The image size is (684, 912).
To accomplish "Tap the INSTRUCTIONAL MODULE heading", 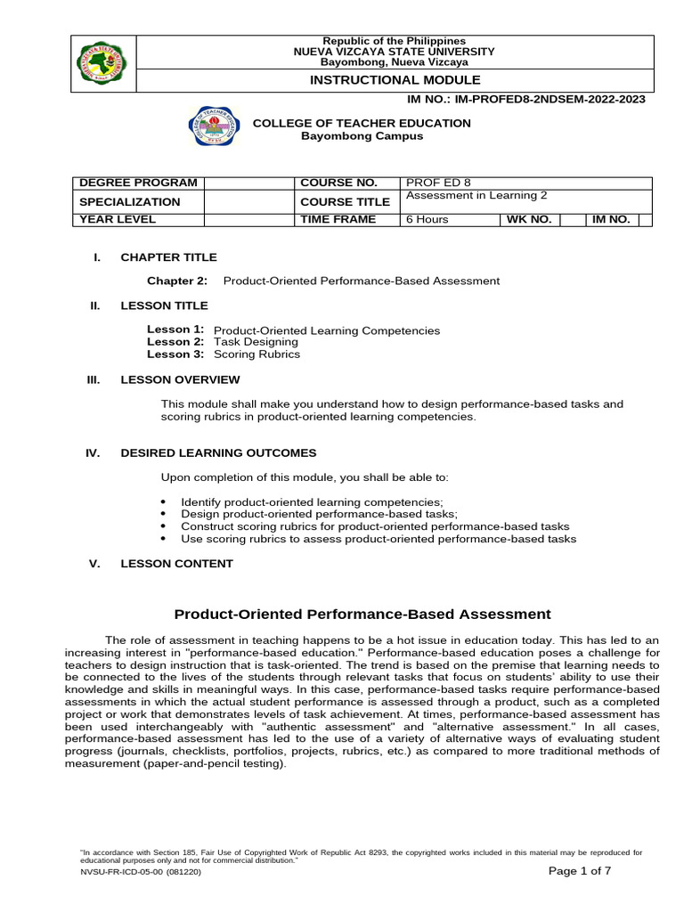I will pyautogui.click(x=395, y=80).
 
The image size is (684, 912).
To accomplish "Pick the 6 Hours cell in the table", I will pyautogui.click(x=427, y=219).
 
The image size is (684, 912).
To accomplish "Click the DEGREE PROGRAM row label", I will pyautogui.click(x=138, y=183).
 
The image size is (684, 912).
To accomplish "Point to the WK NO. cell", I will pyautogui.click(x=529, y=219).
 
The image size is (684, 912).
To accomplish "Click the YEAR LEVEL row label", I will pyautogui.click(x=118, y=219).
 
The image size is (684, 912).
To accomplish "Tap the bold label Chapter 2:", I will pyautogui.click(x=177, y=281).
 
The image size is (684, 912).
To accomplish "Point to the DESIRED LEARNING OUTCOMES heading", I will pyautogui.click(x=218, y=453).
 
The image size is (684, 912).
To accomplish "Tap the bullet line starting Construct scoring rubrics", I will pyautogui.click(x=374, y=526).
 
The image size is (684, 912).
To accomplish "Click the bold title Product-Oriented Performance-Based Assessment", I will pyautogui.click(x=362, y=615).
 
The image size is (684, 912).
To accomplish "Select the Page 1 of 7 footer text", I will pyautogui.click(x=579, y=871).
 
